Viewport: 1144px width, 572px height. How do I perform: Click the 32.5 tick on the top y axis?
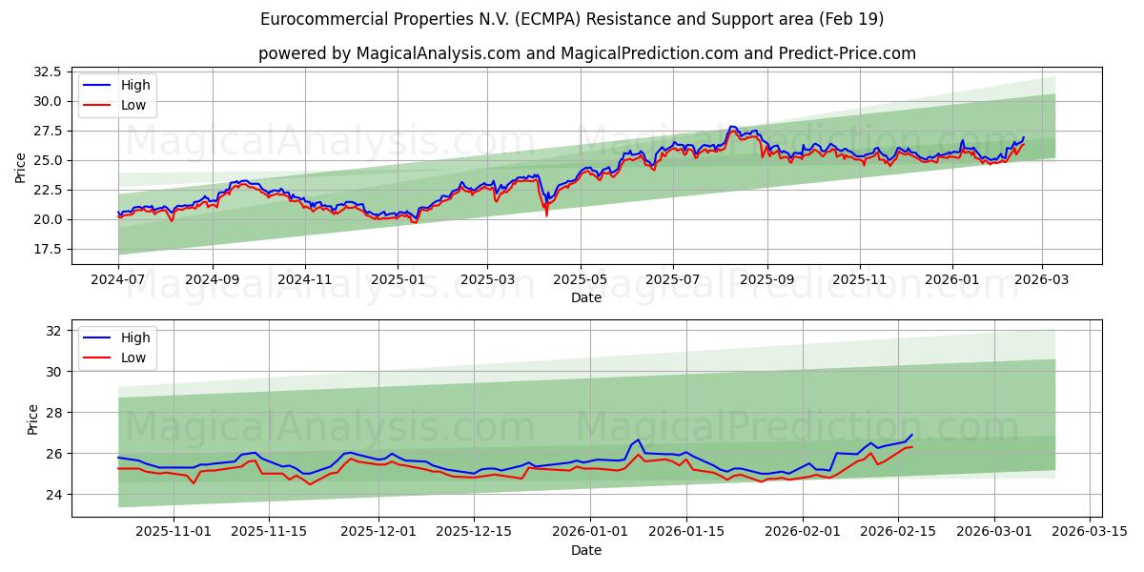click(48, 71)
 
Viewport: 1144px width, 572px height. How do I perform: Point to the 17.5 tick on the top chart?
click(48, 249)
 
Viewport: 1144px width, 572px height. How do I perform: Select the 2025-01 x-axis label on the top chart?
click(398, 281)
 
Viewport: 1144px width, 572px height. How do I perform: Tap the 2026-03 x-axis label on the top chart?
click(1041, 281)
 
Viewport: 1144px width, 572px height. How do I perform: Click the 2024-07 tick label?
click(118, 281)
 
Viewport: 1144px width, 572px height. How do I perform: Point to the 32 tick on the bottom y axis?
click(53, 331)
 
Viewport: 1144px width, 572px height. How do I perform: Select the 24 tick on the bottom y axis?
click(53, 495)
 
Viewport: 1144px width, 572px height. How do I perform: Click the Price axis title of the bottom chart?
click(33, 419)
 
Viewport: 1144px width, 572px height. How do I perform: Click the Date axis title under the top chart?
click(585, 297)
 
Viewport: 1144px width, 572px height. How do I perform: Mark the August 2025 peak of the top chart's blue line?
click(731, 126)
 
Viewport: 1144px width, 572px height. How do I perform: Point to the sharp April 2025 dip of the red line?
click(546, 214)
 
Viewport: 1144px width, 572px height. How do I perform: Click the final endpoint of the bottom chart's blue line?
click(911, 435)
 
